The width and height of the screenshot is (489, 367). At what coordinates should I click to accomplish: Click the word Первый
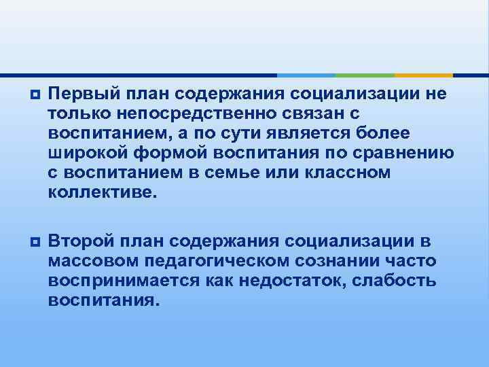coord(79,92)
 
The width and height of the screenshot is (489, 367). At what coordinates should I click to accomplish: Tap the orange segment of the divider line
coord(423,75)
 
